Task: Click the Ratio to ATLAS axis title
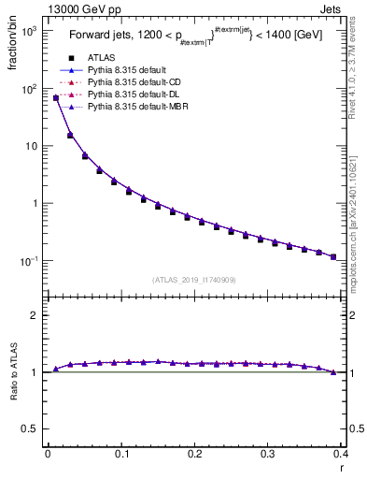(13, 373)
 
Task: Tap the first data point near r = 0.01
(56, 97)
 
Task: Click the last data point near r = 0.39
(333, 256)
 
